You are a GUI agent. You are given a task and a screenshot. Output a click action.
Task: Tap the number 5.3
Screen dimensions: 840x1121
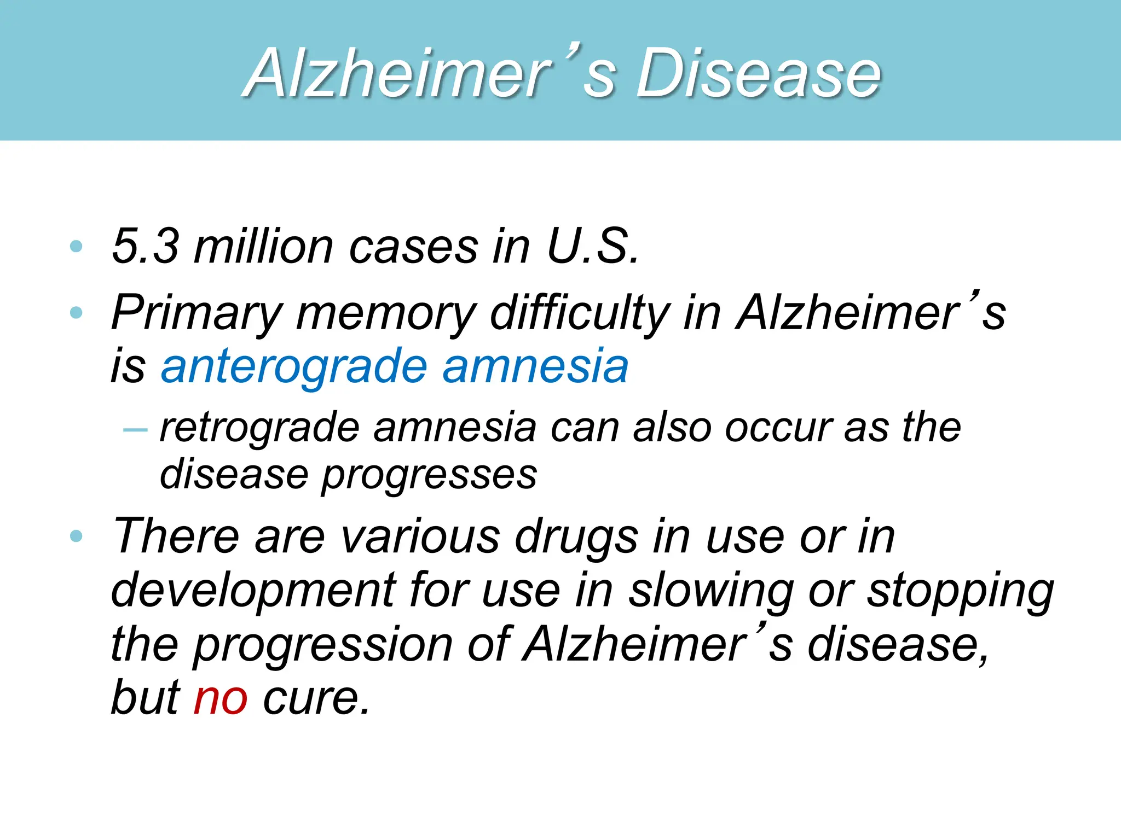[x=145, y=246]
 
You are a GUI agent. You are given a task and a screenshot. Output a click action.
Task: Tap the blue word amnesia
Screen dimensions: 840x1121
[x=535, y=366]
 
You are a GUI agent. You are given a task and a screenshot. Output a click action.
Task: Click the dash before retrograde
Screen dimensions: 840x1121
[x=135, y=429]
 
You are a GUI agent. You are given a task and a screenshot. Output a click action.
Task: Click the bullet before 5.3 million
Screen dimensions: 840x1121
[x=77, y=247]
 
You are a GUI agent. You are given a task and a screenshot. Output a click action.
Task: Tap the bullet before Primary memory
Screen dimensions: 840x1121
[x=77, y=313]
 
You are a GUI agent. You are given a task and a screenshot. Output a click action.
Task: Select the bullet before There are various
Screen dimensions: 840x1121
[x=77, y=536]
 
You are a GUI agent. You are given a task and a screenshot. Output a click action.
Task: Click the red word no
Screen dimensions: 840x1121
[x=221, y=698]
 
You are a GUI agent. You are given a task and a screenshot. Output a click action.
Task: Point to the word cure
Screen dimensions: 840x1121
[x=316, y=698]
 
